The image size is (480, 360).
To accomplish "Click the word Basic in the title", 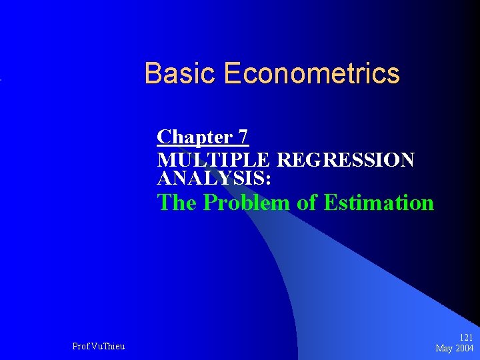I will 181,73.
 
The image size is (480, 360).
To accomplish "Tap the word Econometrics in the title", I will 312,73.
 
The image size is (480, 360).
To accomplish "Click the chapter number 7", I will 243,137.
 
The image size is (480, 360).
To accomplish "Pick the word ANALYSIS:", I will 213,178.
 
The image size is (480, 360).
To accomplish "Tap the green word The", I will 177,202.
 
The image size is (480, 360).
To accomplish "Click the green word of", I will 307,202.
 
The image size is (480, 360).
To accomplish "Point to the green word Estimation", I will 378,202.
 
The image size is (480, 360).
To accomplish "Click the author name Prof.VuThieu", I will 98,346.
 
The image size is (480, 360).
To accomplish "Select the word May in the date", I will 445,349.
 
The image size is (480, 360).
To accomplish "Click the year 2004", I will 465,349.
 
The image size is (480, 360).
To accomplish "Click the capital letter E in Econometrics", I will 233,73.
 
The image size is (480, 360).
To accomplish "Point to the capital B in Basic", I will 153,73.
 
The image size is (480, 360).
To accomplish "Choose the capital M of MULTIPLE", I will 165,161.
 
